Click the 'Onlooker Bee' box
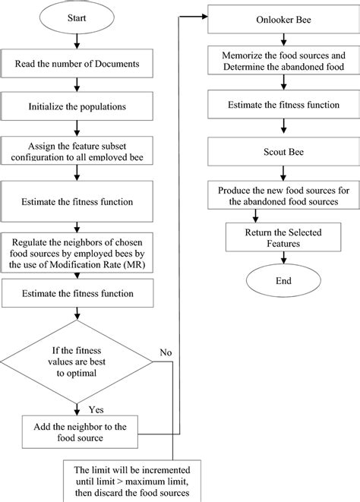click(268, 23)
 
